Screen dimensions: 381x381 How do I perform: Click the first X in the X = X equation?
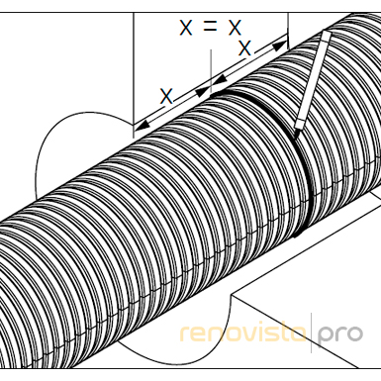click(x=186, y=28)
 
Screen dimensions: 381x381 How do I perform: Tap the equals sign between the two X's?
click(x=211, y=27)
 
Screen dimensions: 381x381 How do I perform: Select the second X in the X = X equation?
click(x=235, y=28)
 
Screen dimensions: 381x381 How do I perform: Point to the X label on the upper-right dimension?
click(x=244, y=48)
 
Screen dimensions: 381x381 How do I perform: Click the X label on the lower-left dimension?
click(x=166, y=96)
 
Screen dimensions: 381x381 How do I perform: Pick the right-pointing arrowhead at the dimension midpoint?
click(x=203, y=91)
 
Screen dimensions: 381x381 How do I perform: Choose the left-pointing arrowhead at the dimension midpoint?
click(x=219, y=80)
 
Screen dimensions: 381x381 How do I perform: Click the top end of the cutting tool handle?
click(x=327, y=33)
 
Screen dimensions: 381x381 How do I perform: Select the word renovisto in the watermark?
click(x=243, y=333)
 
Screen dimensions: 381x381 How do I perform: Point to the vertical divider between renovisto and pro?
click(x=312, y=333)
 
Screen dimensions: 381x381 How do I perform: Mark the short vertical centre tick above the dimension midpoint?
click(x=211, y=70)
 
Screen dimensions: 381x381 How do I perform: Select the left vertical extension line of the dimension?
click(x=134, y=75)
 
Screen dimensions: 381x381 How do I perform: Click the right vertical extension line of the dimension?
click(x=288, y=31)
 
